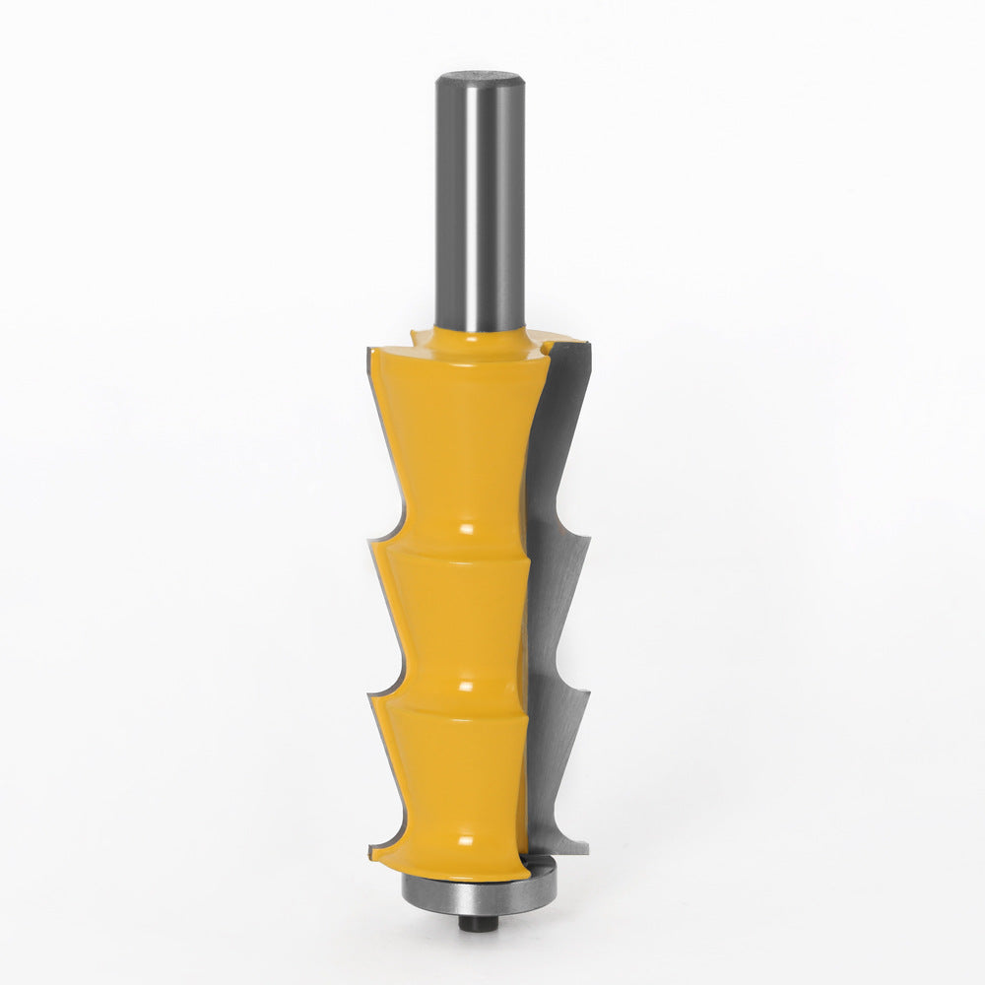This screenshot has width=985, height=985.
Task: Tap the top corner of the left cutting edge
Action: pos(370,351)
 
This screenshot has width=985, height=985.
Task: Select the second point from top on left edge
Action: pos(371,540)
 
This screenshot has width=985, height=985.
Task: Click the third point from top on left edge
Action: pos(371,697)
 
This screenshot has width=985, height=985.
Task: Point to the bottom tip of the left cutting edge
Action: pos(372,849)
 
